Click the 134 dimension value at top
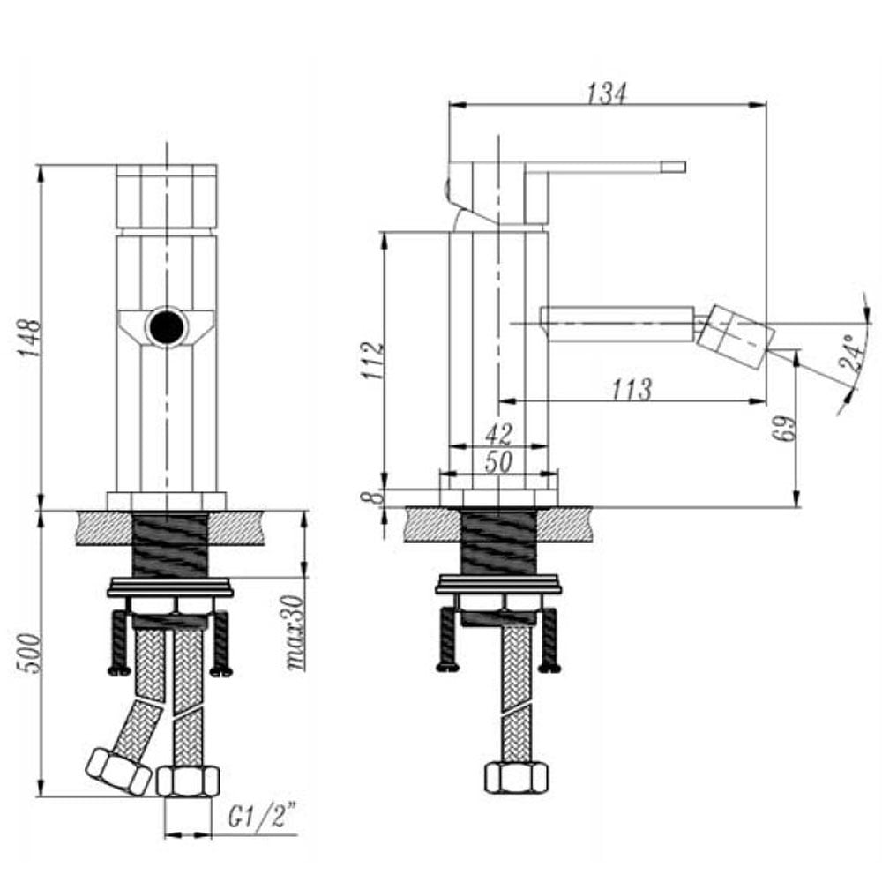pyautogui.click(x=607, y=93)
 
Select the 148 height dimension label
pyautogui.click(x=29, y=338)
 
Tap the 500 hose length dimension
pyautogui.click(x=30, y=653)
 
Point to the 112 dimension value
pyautogui.click(x=372, y=361)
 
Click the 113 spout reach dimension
pyautogui.click(x=632, y=389)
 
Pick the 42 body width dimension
pyautogui.click(x=499, y=434)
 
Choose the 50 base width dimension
pyautogui.click(x=498, y=462)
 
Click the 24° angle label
pyautogui.click(x=853, y=352)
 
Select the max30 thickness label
pyautogui.click(x=295, y=632)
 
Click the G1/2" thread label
pyautogui.click(x=262, y=816)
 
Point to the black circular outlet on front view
pyautogui.click(x=167, y=326)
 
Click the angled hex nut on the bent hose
pyautogui.click(x=119, y=771)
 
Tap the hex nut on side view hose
pyautogui.click(x=516, y=777)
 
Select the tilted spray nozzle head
pyautogui.click(x=736, y=337)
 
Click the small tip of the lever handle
pyautogui.click(x=673, y=167)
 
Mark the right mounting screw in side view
pyautogui.click(x=549, y=639)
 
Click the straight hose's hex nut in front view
pyautogui.click(x=188, y=781)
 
